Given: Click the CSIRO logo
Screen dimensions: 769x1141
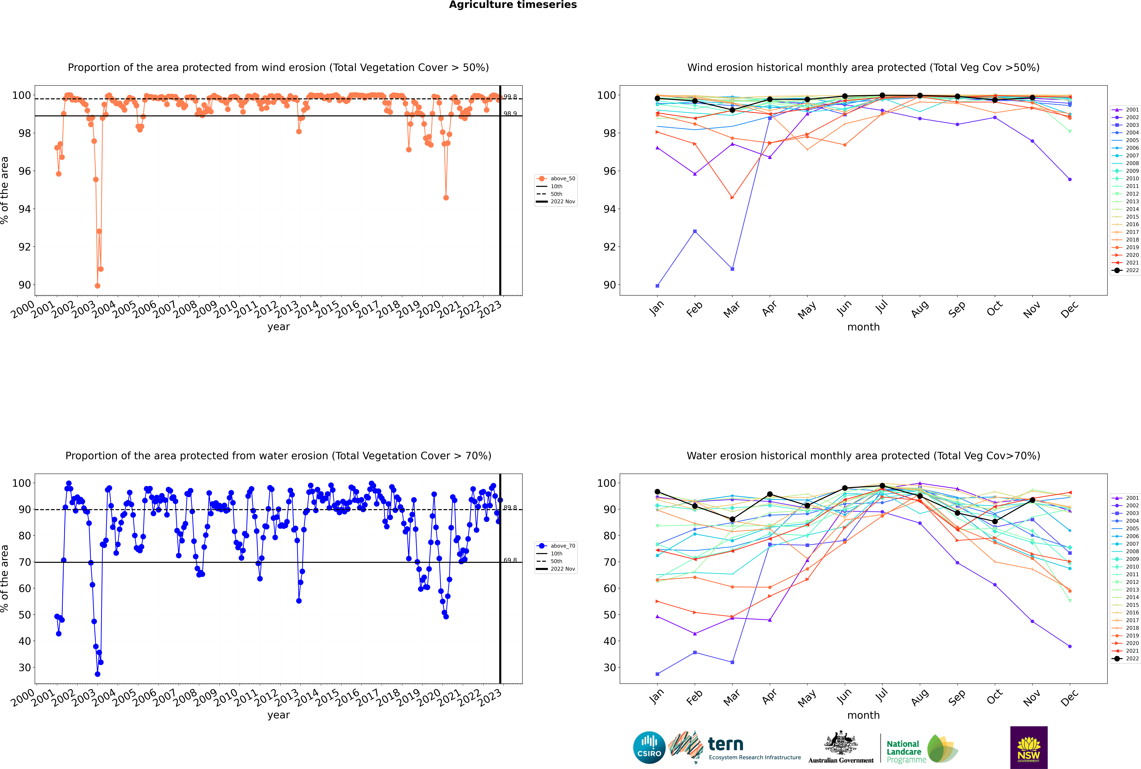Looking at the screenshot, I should (649, 747).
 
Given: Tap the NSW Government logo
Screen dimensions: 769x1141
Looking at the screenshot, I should (1029, 747).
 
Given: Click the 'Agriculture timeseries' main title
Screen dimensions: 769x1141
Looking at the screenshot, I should (513, 5).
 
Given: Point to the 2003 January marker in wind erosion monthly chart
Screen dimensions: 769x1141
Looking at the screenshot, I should (657, 285).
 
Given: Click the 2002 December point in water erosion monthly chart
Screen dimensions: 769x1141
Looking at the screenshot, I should (1070, 646).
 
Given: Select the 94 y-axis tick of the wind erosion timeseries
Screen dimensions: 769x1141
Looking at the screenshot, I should (24, 209).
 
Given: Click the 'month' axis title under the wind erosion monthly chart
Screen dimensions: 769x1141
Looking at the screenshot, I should (863, 327).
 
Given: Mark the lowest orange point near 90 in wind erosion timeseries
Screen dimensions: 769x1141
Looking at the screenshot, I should (98, 285).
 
